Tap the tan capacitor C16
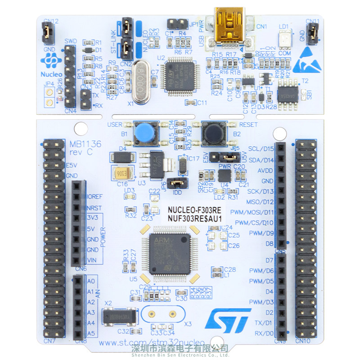(124, 173)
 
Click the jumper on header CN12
(47, 31)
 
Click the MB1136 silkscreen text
(85, 144)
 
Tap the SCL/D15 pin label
(261, 149)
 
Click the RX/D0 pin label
(263, 333)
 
